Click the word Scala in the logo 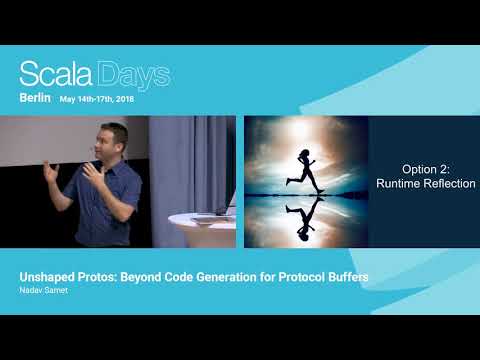click(57, 75)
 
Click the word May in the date click(68, 101)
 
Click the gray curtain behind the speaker click(190, 160)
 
